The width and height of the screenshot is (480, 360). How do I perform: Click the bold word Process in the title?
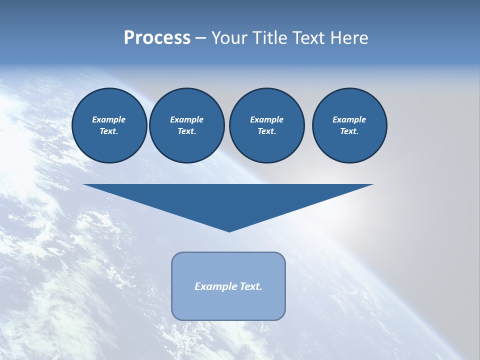coord(157,38)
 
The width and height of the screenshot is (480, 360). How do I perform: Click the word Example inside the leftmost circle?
coord(109,119)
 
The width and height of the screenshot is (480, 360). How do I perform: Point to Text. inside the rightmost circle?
coord(349,131)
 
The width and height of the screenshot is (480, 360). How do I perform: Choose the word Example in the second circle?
coord(186,119)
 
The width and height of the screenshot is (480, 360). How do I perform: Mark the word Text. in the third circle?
coord(266,131)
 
